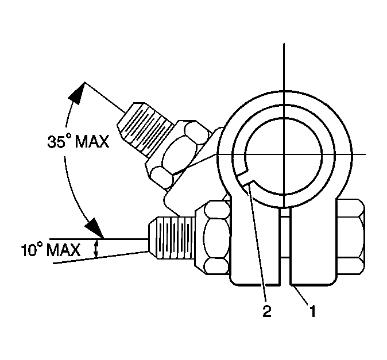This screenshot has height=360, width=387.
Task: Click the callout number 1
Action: tap(313, 311)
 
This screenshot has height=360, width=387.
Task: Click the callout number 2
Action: tap(267, 311)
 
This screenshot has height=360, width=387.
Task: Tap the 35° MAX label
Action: tap(78, 142)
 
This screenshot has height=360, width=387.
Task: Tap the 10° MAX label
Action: tap(51, 250)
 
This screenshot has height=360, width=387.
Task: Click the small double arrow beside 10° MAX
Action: tap(96, 249)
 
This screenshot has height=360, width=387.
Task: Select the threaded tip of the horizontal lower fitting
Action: tap(172, 238)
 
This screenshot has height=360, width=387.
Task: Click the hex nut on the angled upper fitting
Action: tap(180, 155)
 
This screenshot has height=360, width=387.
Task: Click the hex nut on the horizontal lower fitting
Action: tap(213, 237)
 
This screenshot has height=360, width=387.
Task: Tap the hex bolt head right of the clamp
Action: tap(351, 237)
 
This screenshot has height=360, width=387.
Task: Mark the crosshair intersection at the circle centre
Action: tap(284, 154)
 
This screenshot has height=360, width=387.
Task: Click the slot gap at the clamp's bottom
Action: tap(285, 247)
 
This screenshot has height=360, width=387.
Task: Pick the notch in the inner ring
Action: tap(247, 176)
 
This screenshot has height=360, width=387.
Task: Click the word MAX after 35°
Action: tap(92, 142)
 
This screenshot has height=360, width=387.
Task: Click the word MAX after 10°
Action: tap(63, 250)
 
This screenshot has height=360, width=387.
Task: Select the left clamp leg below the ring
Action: tap(256, 247)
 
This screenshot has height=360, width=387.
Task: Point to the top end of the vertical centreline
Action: tap(284, 44)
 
